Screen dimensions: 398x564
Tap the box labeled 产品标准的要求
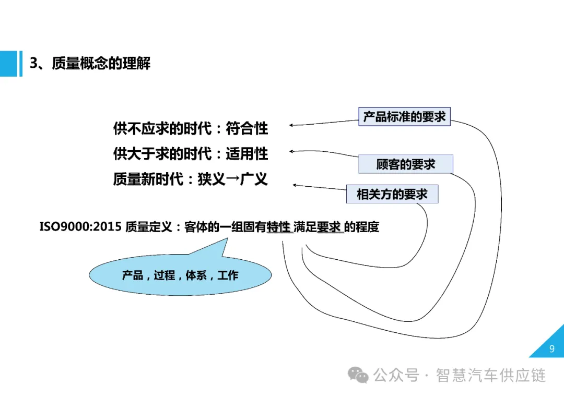(405, 116)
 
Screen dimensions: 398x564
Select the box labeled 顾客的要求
(406, 164)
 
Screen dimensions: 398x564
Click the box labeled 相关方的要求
(392, 195)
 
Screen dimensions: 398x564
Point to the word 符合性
(247, 128)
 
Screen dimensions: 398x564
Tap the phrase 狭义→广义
(233, 179)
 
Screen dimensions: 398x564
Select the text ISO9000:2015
(80, 227)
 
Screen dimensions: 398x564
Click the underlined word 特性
(278, 227)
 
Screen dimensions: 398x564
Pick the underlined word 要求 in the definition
(329, 227)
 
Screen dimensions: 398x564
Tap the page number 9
(552, 349)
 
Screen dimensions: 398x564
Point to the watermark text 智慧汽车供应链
(491, 375)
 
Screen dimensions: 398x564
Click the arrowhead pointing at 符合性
(291, 125)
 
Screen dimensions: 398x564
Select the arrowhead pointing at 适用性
(291, 151)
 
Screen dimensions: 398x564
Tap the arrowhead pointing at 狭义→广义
(295, 185)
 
